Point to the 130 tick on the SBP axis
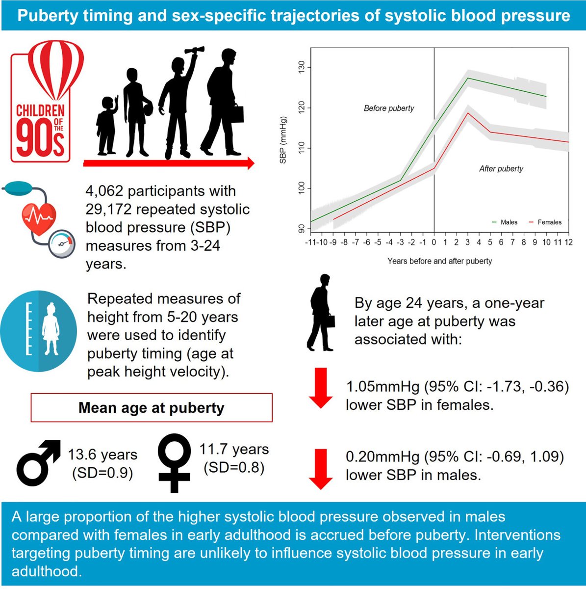301,67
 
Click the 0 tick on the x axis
434,242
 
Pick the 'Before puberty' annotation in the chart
389,108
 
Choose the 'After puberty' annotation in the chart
501,169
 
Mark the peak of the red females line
468,113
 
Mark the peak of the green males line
468,78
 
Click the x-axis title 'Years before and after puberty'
439,261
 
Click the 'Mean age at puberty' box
152,408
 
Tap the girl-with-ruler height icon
39,329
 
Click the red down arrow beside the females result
321,388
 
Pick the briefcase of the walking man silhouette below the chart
329,321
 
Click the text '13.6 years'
102,455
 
